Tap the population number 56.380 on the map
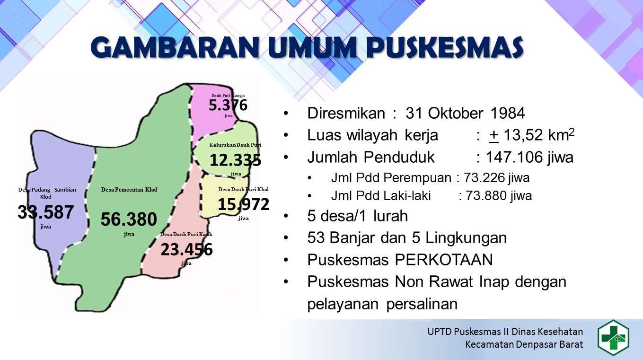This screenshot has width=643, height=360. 129,219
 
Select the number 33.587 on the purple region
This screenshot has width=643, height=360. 45,212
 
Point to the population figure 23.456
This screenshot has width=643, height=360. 186,249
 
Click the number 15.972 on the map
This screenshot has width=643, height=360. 243,204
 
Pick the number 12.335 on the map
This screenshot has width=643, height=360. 235,160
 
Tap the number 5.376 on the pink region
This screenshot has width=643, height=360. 228,105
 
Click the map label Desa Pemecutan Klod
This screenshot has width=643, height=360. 129,190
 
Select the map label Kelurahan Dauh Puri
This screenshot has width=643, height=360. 235,145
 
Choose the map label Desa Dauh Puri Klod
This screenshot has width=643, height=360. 243,189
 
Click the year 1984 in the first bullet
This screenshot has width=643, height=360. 508,113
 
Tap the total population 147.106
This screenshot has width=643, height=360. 513,157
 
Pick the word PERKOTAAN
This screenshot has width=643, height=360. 444,260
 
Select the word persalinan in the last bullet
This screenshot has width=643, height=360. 422,304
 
